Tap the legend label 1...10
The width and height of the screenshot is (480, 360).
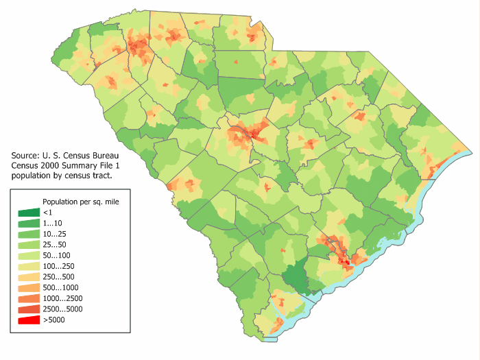click(53, 224)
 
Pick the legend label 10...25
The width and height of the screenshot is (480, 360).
click(56, 234)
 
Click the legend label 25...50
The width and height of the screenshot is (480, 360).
click(56, 244)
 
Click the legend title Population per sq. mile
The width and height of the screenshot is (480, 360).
click(80, 202)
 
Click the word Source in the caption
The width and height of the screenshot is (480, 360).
click(25, 156)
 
